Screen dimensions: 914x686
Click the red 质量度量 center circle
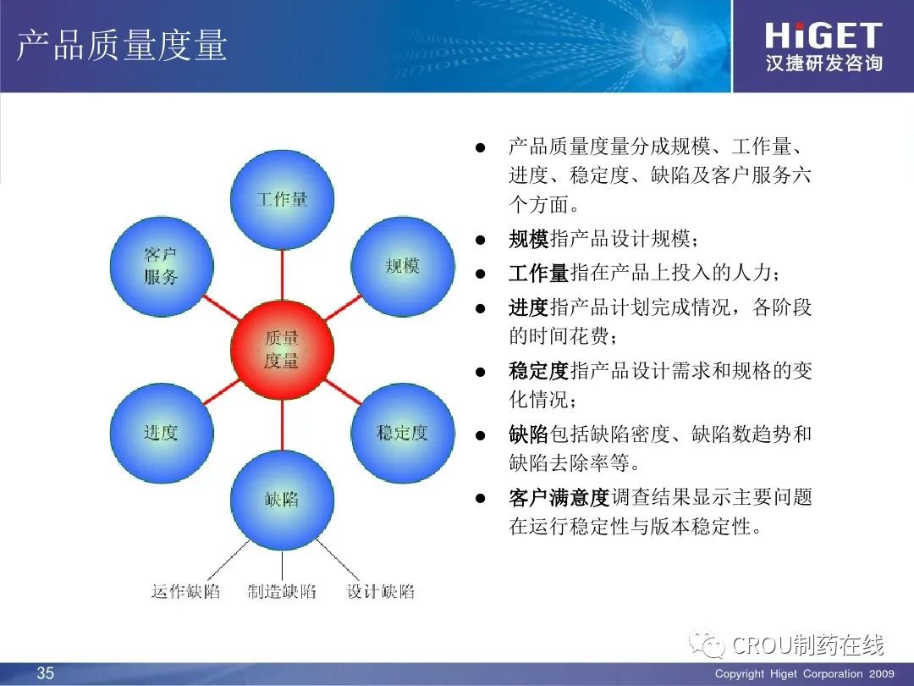point(282,350)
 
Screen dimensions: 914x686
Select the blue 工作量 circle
point(282,200)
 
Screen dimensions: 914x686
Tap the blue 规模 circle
point(403,267)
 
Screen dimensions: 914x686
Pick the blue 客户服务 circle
point(162,267)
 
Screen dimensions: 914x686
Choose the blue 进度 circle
point(162,433)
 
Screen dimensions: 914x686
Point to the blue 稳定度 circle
point(403,433)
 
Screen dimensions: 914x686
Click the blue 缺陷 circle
point(282,500)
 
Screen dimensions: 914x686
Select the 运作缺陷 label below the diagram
point(185,591)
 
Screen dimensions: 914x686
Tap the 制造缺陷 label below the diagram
point(282,591)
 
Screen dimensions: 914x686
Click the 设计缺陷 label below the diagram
point(380,591)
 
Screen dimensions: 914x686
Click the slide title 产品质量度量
point(122,45)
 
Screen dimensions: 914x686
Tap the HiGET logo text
point(823,36)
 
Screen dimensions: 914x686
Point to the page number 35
point(46,673)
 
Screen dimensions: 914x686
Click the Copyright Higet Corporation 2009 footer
point(805,674)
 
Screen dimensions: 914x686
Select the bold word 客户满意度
point(559,498)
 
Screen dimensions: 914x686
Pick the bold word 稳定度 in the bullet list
point(538,370)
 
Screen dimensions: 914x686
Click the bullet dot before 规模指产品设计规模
point(481,239)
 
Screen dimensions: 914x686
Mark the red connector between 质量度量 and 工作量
point(282,274)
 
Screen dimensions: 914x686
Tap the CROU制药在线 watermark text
point(807,645)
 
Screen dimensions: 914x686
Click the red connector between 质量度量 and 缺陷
point(282,424)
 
